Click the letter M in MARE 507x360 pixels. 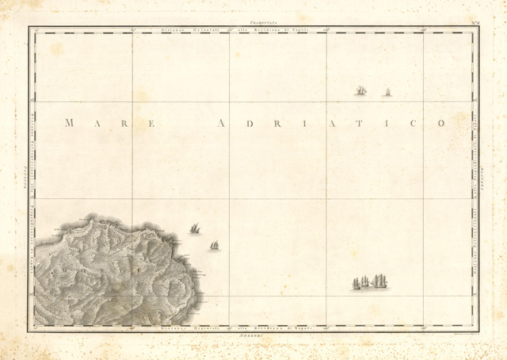pyautogui.click(x=69, y=123)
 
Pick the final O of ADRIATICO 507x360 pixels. pyautogui.click(x=441, y=123)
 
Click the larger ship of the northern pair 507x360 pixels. pyautogui.click(x=361, y=91)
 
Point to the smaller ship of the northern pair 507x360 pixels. pyautogui.click(x=387, y=93)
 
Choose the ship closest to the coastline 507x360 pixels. pyautogui.click(x=194, y=228)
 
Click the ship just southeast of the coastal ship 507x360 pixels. pyautogui.click(x=215, y=246)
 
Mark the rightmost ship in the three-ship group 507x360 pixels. pyautogui.click(x=379, y=281)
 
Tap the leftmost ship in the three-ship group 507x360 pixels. pyautogui.click(x=356, y=283)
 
